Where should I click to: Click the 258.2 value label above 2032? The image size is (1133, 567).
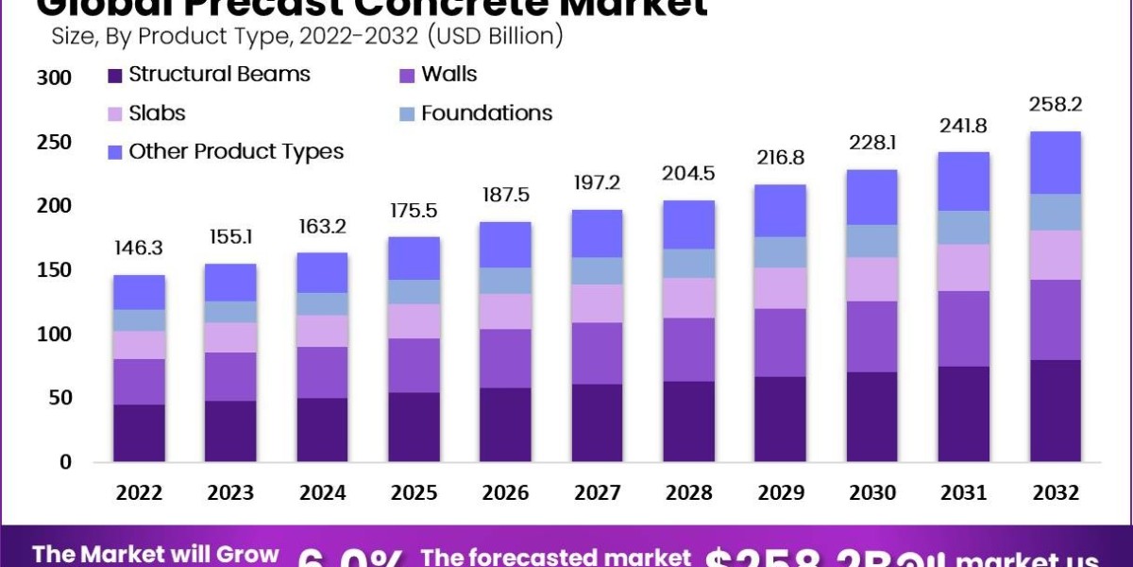click(1055, 102)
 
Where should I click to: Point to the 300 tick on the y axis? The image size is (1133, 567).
click(54, 77)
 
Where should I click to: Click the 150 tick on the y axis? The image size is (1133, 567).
click(54, 270)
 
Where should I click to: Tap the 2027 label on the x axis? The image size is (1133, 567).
click(598, 492)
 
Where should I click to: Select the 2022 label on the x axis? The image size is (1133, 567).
click(139, 492)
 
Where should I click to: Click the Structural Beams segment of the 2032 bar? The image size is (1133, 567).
click(1055, 410)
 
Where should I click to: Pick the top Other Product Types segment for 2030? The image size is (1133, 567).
click(871, 197)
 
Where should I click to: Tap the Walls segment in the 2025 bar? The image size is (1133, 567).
click(414, 365)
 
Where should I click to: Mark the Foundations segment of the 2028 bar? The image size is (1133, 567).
click(689, 263)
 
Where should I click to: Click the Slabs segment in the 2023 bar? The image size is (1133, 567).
click(230, 337)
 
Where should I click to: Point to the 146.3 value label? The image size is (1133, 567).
click(139, 249)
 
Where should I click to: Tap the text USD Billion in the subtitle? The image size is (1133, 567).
click(491, 37)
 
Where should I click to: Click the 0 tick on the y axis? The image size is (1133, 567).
click(65, 462)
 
